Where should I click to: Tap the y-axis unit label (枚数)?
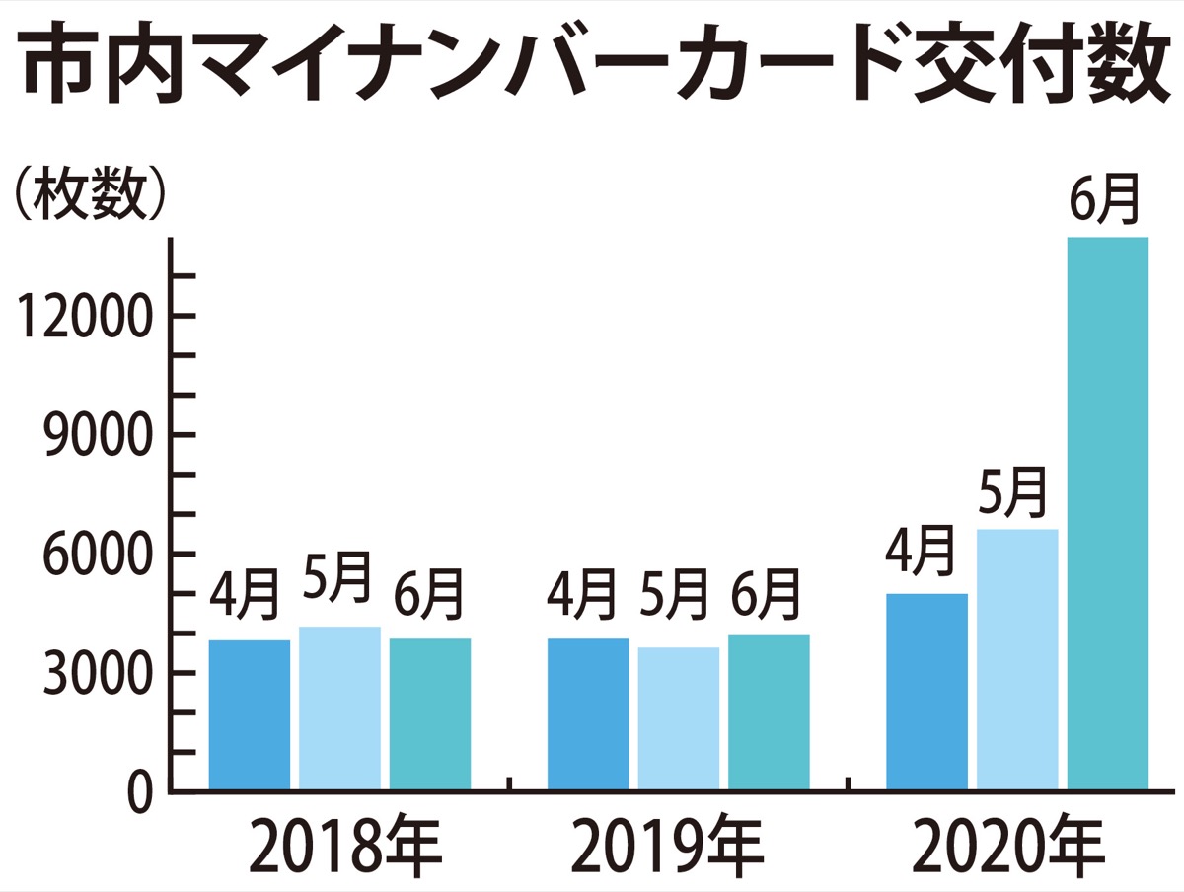tap(87, 198)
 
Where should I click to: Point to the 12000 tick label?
tap(77, 318)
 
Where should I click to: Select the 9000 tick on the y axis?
tap(93, 436)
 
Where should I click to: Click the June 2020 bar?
tap(1108, 513)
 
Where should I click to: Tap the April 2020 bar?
tap(926, 691)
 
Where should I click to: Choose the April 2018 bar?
tap(250, 714)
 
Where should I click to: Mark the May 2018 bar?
tap(339, 707)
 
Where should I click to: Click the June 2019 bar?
tap(769, 711)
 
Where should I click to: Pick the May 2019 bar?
tap(678, 718)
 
